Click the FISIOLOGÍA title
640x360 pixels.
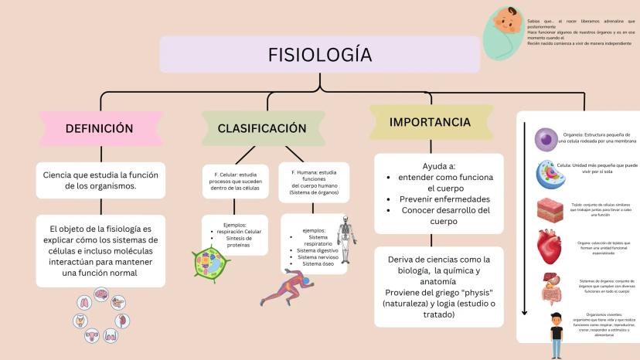coord(319,55)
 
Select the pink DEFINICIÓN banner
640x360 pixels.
coord(99,128)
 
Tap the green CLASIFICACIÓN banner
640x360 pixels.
coord(261,128)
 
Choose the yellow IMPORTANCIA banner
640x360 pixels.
coord(430,122)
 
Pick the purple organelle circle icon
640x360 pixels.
coord(547,139)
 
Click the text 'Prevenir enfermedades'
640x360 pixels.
coord(438,199)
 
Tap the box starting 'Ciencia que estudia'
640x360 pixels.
coord(100,180)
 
